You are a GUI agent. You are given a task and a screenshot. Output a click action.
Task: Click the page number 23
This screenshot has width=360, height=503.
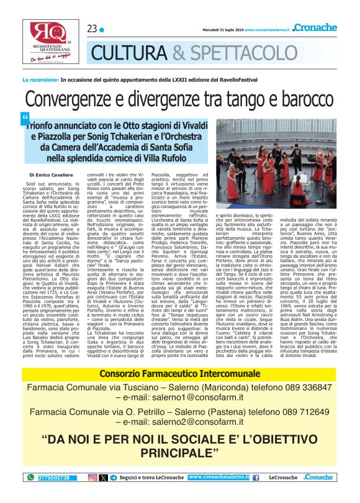click(92, 29)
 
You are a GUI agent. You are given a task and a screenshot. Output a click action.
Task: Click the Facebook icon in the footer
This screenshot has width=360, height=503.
click(256, 478)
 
